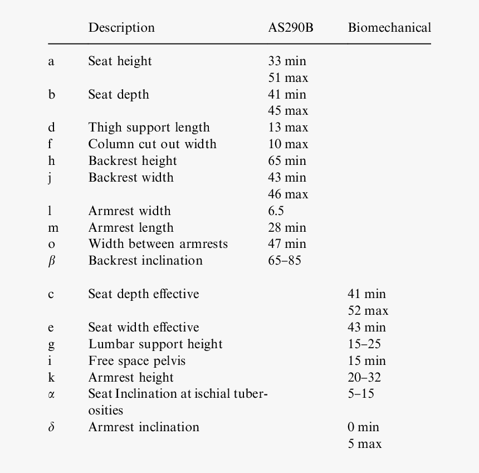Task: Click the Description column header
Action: coord(121,27)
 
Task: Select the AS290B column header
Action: coord(290,27)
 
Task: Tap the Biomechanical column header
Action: coord(389,27)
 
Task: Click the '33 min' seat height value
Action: coord(287,61)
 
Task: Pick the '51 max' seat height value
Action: coord(288,78)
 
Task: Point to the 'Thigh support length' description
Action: coord(149,128)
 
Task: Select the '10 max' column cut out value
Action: coord(288,144)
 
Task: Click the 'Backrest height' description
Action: coord(132,161)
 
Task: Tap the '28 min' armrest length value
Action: coord(287,228)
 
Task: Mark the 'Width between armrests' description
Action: coord(158,244)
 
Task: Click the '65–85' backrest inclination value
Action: coord(284,261)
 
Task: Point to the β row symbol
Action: coord(51,261)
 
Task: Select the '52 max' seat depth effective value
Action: coord(368,311)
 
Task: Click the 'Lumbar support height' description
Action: coord(155,344)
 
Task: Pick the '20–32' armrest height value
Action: coord(364,378)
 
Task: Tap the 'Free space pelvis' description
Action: coord(136,361)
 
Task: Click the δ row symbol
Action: coord(51,427)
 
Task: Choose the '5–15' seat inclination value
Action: coord(361,394)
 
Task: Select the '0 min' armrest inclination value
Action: coord(363,427)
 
